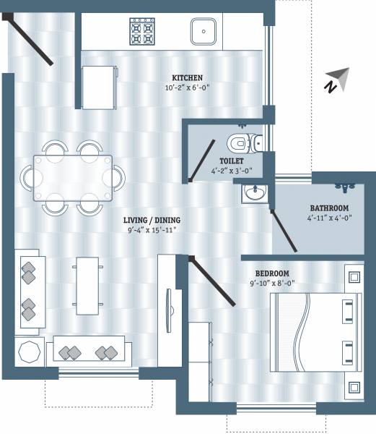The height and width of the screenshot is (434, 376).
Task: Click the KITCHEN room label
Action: pyautogui.click(x=187, y=77)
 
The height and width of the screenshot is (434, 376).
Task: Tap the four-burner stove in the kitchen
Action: pyautogui.click(x=142, y=32)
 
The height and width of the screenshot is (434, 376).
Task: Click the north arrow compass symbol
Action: pyautogui.click(x=336, y=80)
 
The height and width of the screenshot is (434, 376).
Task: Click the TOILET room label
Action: pyautogui.click(x=232, y=161)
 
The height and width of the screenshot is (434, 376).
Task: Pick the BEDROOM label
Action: pyautogui.click(x=273, y=273)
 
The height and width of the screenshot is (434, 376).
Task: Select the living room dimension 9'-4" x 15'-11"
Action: pyautogui.click(x=151, y=230)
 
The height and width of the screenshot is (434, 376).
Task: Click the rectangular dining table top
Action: pyautogui.click(x=71, y=176)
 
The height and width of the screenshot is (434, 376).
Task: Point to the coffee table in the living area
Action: pyautogui.click(x=85, y=286)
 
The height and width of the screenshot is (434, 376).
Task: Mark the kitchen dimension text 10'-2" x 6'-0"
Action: pyautogui.click(x=187, y=88)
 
